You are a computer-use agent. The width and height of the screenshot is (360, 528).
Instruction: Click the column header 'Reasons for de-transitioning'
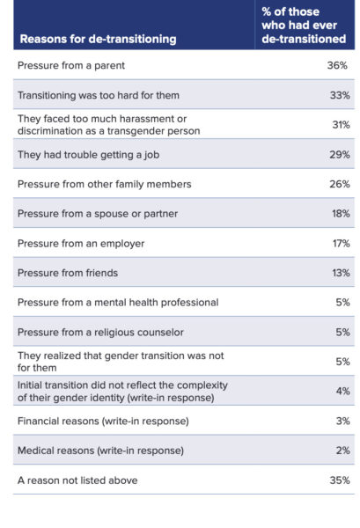97,39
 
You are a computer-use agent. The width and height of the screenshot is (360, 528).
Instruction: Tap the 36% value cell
338,66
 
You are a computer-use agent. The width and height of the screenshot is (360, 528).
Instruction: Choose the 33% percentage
338,95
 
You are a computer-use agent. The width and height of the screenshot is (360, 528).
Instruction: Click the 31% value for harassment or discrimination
338,125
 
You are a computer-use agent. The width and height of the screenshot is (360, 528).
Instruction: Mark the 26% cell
338,184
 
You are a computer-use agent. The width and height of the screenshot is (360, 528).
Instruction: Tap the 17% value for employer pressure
338,243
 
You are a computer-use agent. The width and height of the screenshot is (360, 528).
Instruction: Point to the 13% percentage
338,273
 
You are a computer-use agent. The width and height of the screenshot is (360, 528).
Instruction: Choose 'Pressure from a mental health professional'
118,303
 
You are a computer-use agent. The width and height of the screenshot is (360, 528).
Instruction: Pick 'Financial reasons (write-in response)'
102,421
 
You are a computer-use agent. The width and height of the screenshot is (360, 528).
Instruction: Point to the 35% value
338,480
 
